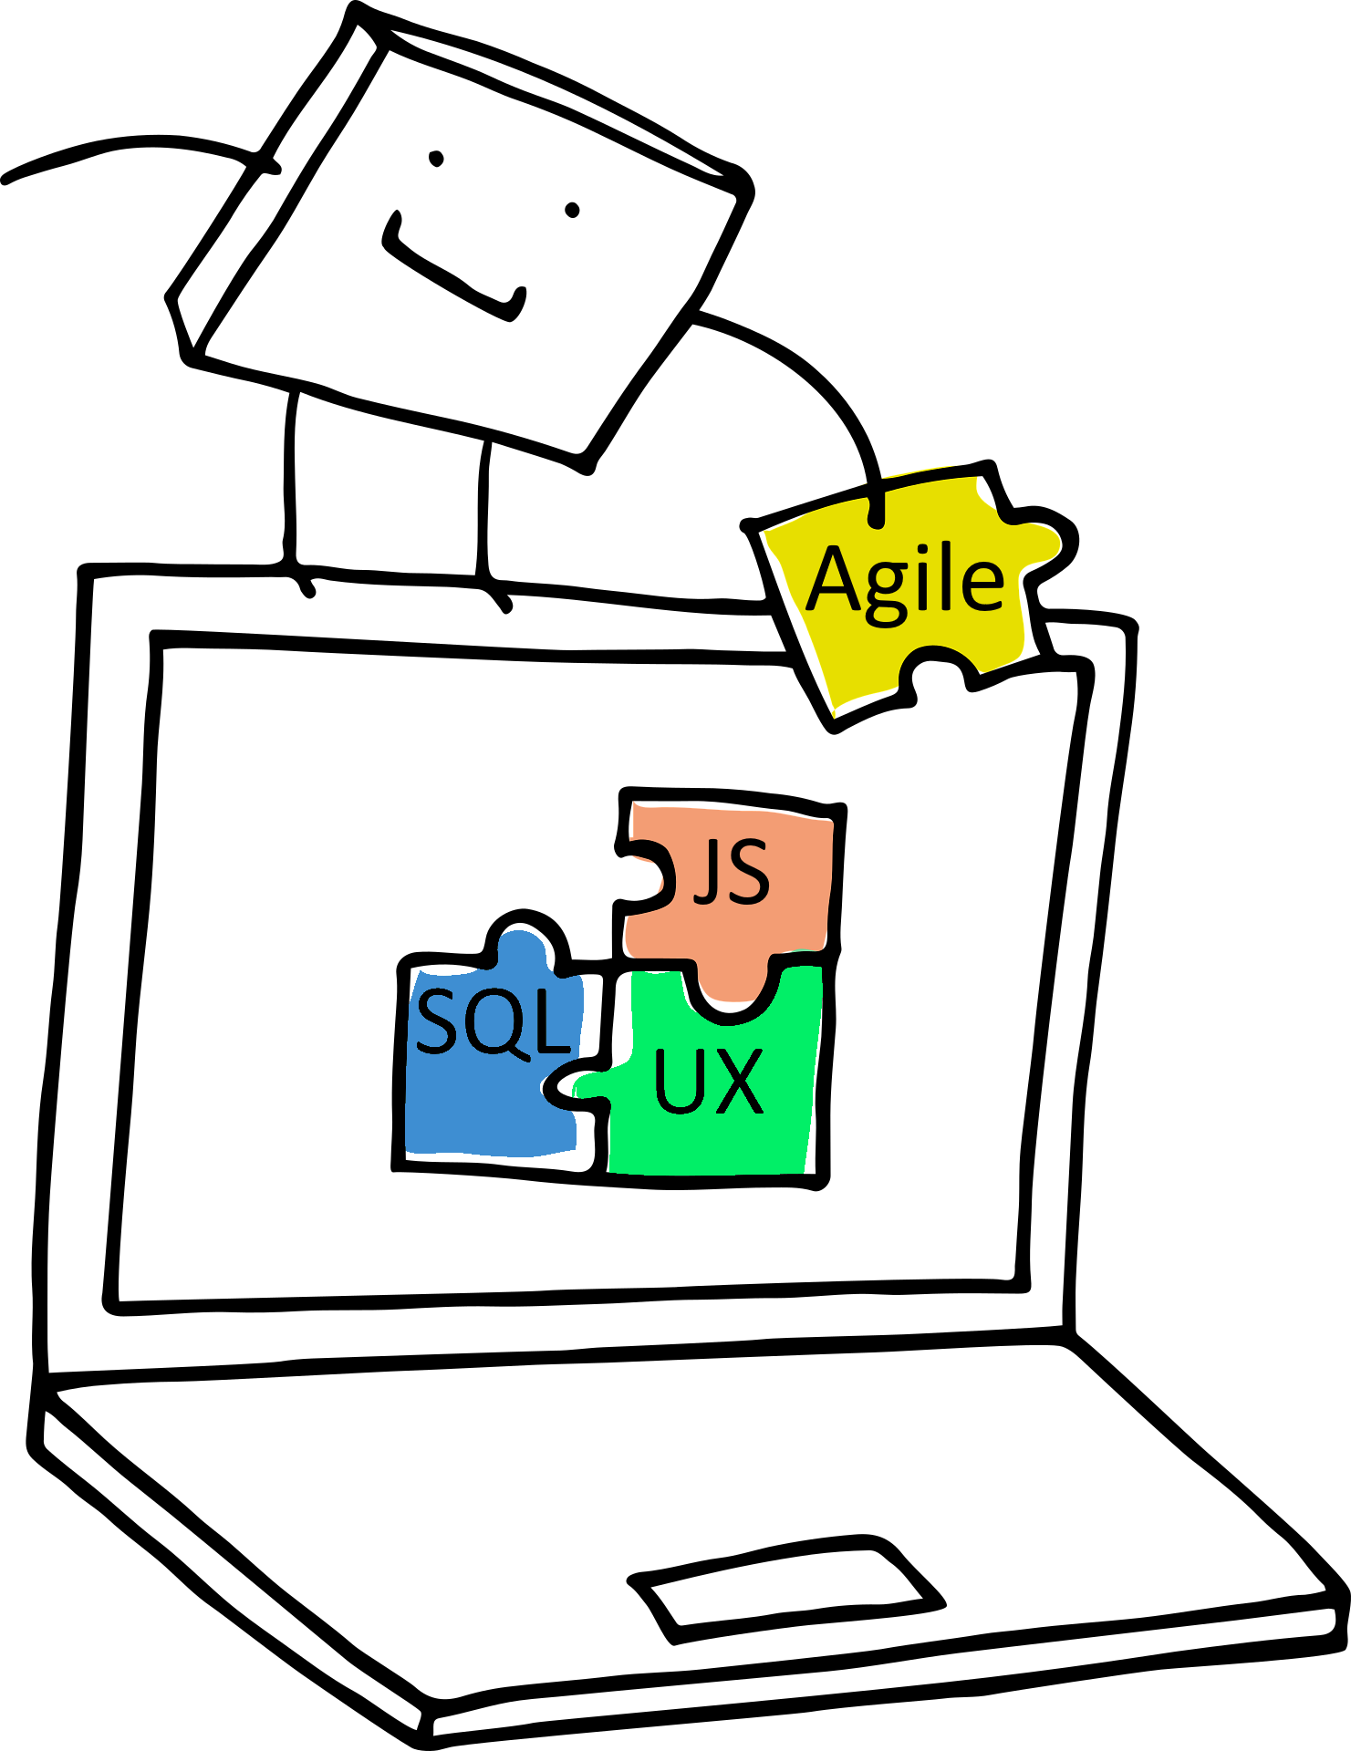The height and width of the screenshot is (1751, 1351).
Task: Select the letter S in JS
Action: (x=747, y=875)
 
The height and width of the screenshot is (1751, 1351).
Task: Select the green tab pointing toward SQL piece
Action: (x=591, y=1086)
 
